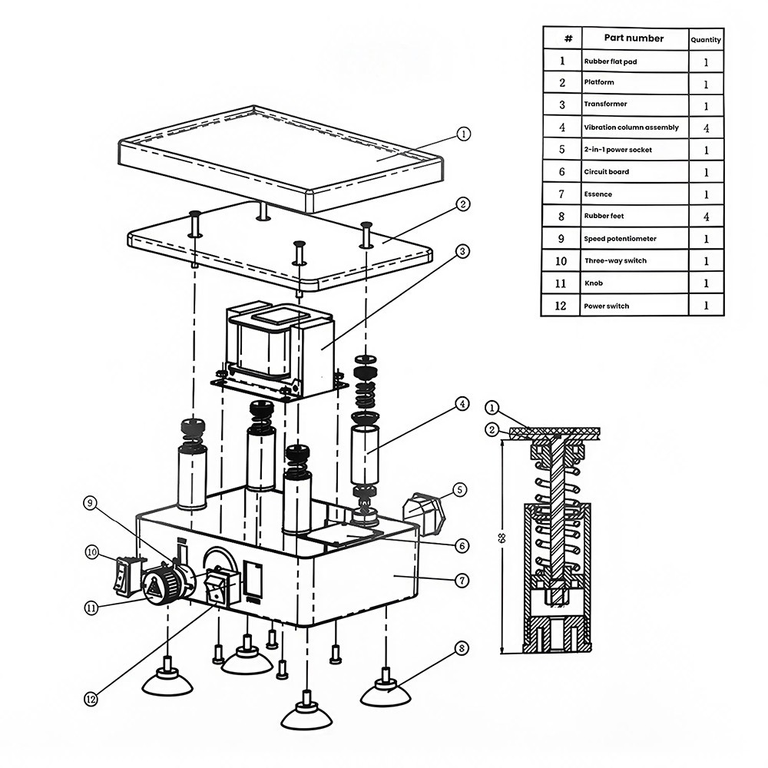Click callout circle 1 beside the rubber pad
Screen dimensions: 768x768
pos(463,134)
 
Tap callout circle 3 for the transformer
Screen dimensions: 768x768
pos(463,250)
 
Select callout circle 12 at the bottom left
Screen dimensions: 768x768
pos(92,699)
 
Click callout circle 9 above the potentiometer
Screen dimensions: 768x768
pos(91,504)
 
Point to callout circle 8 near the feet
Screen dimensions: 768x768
pos(461,648)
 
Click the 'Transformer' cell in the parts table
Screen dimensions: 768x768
pos(605,104)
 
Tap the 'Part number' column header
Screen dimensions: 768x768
pos(634,38)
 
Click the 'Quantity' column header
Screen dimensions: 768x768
pos(705,40)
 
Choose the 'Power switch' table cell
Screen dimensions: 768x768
pos(607,306)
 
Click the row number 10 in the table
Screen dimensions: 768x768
pos(562,261)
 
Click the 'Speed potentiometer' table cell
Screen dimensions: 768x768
pos(620,239)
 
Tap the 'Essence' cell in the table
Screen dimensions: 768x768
pos(598,194)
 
